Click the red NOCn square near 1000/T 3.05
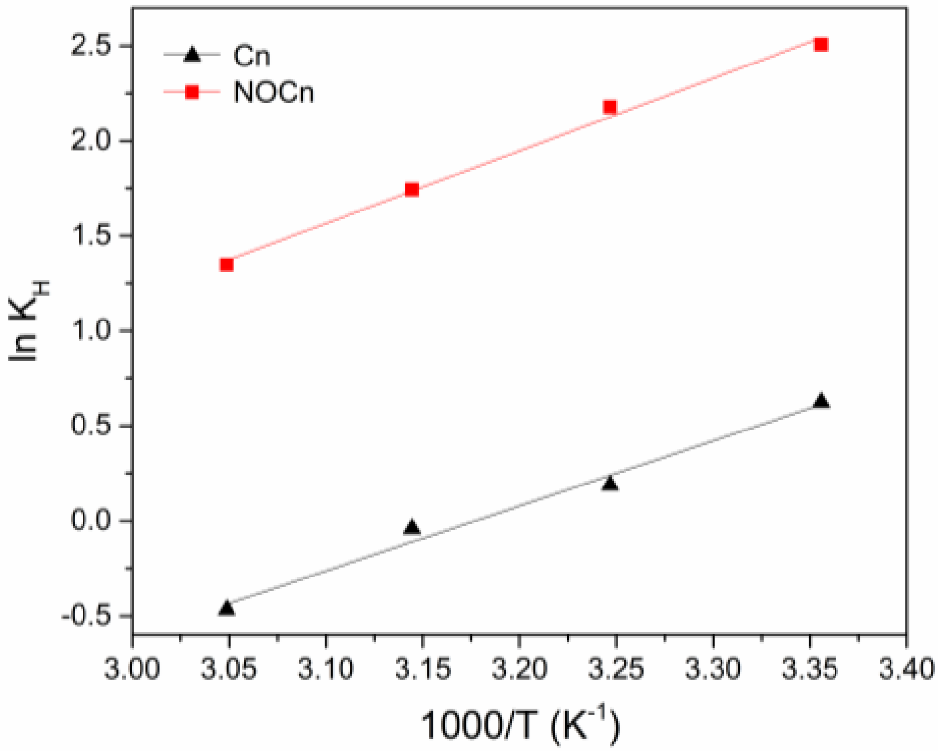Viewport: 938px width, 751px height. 227,265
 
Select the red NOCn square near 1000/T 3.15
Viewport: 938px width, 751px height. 412,190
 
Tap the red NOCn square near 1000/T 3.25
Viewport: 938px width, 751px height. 610,107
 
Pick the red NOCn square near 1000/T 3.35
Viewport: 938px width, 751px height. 821,45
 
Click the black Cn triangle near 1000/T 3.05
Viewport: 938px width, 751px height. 227,608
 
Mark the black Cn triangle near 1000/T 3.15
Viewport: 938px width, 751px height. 412,528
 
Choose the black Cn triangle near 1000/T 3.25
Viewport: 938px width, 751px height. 610,484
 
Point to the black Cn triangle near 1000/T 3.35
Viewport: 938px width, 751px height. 821,401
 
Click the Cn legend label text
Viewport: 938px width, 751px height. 252,56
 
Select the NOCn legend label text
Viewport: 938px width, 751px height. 274,92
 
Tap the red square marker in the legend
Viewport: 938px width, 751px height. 192,92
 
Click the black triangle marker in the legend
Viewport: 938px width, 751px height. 192,55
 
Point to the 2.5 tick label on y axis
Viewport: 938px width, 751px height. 92,46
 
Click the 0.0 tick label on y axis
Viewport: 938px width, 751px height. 92,521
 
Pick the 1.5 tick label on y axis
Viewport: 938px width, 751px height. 92,236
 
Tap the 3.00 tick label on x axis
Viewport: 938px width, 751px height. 132,670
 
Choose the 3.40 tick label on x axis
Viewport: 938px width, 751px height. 906,670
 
